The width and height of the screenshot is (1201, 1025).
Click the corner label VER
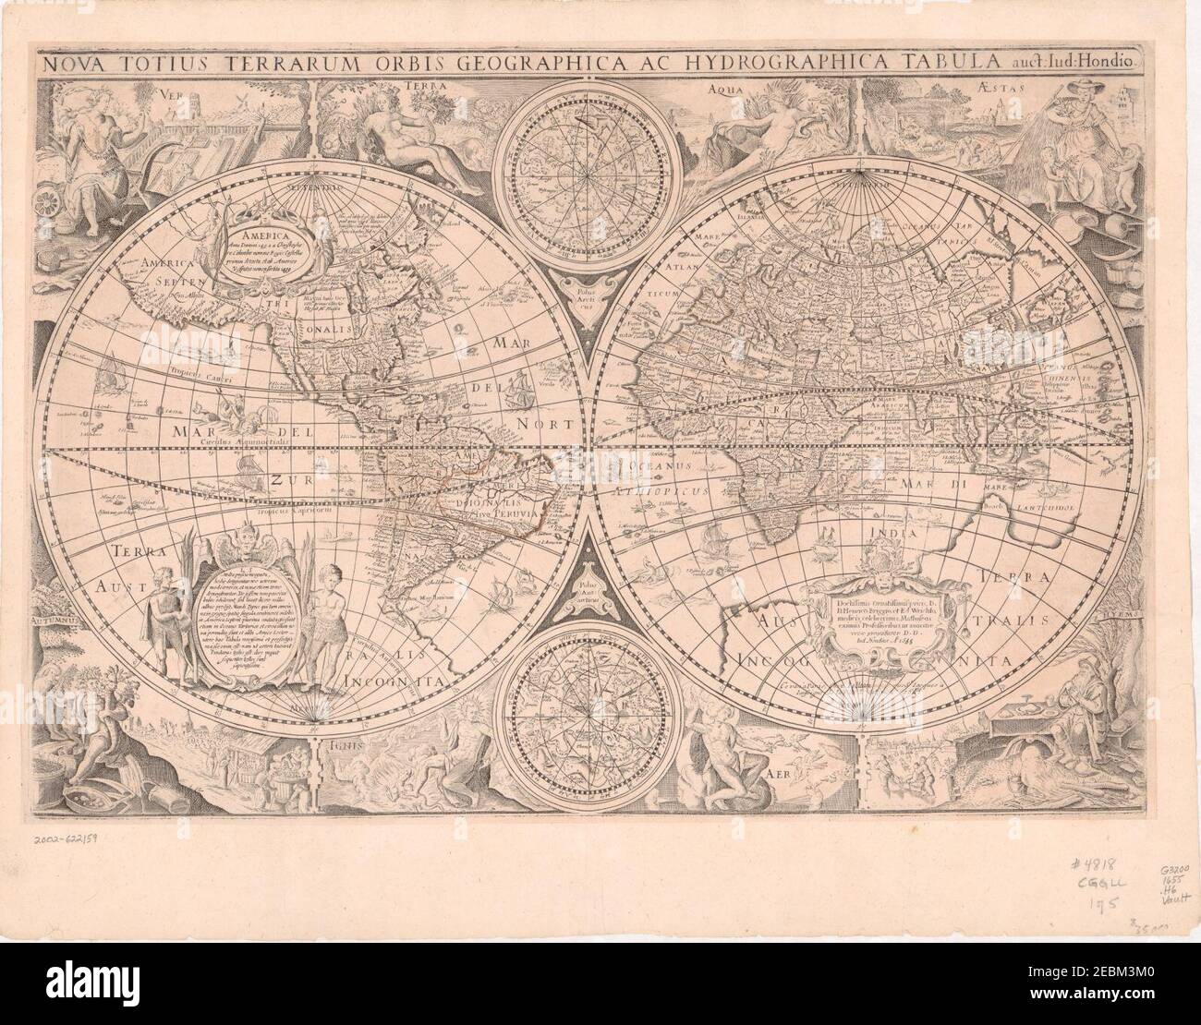[x=168, y=94]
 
